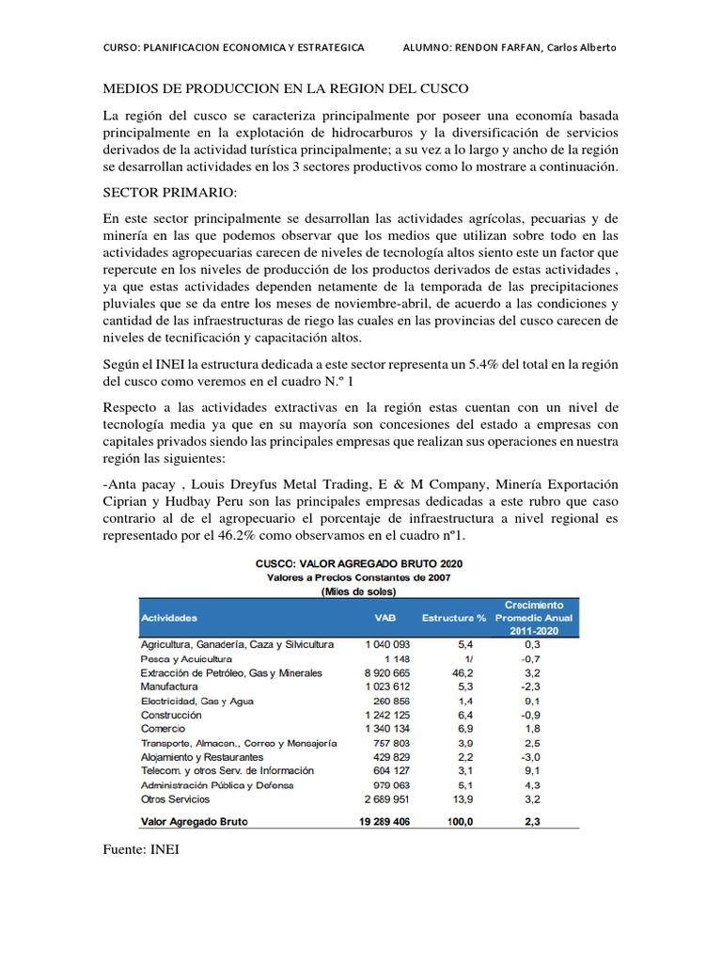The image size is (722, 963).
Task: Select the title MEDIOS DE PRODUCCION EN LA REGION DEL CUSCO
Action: click(285, 88)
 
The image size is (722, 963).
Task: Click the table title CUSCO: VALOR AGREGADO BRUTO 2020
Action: click(360, 562)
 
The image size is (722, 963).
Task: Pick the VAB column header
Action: click(385, 619)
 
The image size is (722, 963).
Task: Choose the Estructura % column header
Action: click(453, 619)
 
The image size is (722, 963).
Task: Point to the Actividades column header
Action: click(169, 619)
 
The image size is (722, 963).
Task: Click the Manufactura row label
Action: click(169, 687)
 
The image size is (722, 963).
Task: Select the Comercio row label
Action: click(163, 729)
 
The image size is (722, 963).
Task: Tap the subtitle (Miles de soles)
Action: click(360, 592)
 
